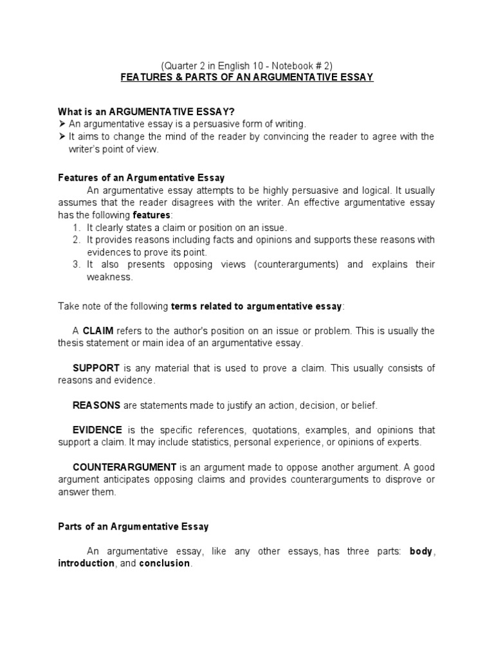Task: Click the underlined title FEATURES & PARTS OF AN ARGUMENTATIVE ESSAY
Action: [x=247, y=77]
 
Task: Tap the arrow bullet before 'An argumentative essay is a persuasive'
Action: [x=62, y=124]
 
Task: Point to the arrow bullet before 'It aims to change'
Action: [x=62, y=136]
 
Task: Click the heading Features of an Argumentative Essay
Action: [x=141, y=177]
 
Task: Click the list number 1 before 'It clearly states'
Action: [x=75, y=228]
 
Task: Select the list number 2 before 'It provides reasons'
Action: [x=75, y=240]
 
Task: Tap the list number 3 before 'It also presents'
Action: [x=75, y=265]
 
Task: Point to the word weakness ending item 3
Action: [x=109, y=277]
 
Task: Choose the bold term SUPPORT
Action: [x=96, y=368]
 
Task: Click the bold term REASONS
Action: [x=96, y=405]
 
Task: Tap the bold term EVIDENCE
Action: [x=98, y=430]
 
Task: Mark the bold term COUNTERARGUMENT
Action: [x=125, y=467]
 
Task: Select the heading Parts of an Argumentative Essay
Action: [x=133, y=526]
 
